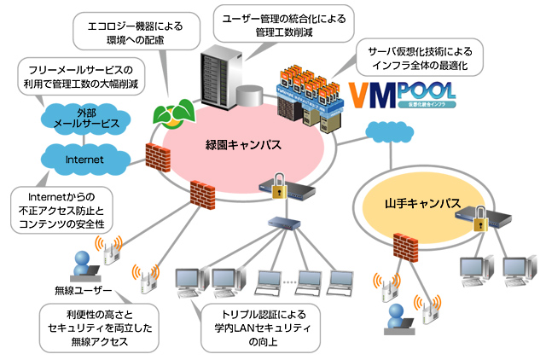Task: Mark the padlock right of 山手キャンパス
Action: (x=482, y=217)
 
